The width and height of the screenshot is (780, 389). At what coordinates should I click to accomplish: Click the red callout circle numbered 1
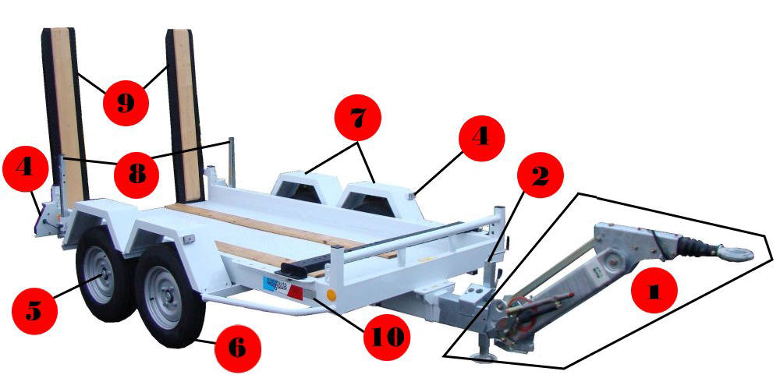point(654,290)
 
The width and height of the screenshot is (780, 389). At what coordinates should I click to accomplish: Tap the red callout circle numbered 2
point(541,175)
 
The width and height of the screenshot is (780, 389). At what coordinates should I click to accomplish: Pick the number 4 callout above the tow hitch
point(481,138)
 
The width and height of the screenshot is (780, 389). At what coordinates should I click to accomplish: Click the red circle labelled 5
point(34,311)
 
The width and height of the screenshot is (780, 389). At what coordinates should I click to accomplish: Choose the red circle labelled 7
point(358,118)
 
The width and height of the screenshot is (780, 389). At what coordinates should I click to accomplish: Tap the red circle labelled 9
point(126,104)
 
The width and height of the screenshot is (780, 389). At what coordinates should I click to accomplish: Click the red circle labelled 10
point(387,338)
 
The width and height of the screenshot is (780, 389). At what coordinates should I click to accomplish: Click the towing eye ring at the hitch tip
point(736,253)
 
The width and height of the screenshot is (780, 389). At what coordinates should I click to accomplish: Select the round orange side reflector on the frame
point(330,295)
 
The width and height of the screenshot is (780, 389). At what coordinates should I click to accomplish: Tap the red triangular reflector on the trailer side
point(295,292)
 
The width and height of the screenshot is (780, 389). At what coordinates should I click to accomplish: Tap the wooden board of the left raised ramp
point(67,115)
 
